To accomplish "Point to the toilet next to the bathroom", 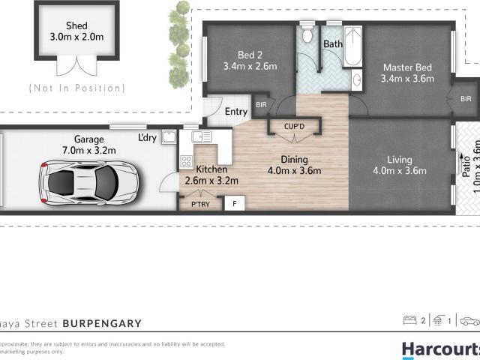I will [x=306, y=36].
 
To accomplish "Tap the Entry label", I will [x=236, y=112].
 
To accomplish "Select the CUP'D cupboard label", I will [x=295, y=127].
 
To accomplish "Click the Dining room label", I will [x=295, y=159].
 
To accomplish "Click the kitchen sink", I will [x=202, y=136].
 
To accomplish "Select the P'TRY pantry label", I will [x=199, y=203].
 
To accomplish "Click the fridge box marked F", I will [x=234, y=203].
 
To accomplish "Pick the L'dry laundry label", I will [x=147, y=138].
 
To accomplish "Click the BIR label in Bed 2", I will [x=262, y=105].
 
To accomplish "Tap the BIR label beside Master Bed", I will [x=466, y=98].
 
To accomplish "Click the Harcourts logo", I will [x=439, y=349].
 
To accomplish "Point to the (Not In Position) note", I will [x=76, y=88].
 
